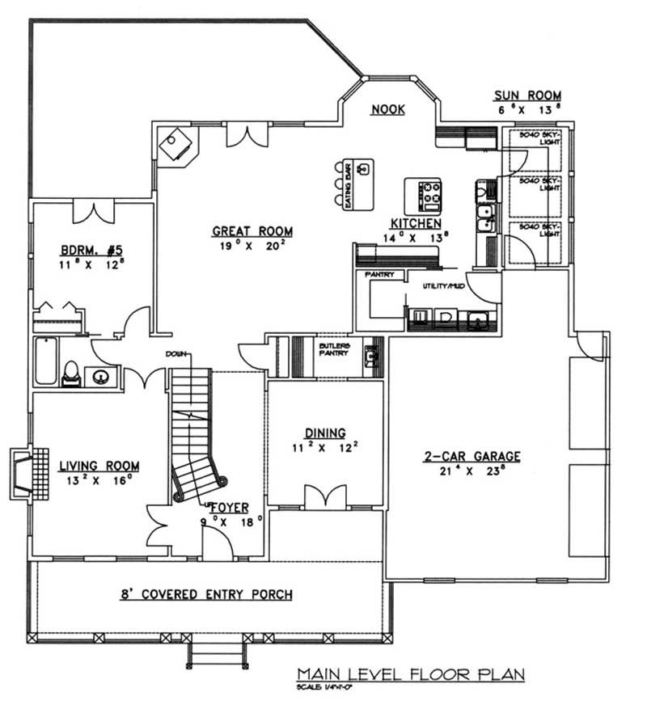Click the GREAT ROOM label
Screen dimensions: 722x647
pyautogui.click(x=247, y=231)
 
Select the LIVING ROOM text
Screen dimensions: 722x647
pyautogui.click(x=99, y=467)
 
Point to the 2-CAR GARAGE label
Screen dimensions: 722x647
pyautogui.click(x=471, y=456)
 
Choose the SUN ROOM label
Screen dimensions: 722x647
pyautogui.click(x=529, y=95)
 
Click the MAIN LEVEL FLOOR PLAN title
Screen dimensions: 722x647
pyautogui.click(x=410, y=673)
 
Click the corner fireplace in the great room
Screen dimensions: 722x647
pyautogui.click(x=175, y=146)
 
